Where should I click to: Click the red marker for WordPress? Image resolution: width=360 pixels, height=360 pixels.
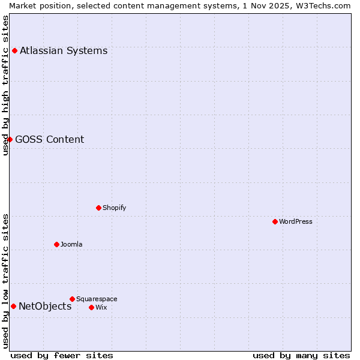click(x=275, y=221)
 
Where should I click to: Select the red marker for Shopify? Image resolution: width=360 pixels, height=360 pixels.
click(x=98, y=208)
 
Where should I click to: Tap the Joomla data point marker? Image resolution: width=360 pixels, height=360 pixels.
click(x=56, y=244)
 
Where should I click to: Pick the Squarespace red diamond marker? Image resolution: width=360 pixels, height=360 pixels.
click(x=72, y=299)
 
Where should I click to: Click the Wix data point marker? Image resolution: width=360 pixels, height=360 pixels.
click(x=91, y=307)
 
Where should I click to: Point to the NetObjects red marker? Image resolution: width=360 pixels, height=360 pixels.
click(x=13, y=306)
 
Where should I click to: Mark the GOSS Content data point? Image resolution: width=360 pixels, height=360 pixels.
click(x=10, y=139)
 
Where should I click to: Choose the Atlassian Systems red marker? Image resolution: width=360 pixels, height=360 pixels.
click(x=14, y=50)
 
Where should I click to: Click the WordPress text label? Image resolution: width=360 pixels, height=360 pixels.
click(x=296, y=221)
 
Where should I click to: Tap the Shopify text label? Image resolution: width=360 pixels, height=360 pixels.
click(x=114, y=208)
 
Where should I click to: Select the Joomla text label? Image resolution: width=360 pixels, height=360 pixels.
click(x=71, y=244)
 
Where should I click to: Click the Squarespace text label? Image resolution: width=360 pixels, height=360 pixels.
click(x=97, y=299)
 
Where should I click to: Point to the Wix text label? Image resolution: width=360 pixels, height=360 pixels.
click(x=101, y=307)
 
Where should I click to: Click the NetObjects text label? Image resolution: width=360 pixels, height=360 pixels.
click(x=45, y=306)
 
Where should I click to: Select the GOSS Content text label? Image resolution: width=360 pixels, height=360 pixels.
click(x=49, y=139)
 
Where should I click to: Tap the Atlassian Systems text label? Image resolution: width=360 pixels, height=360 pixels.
click(x=64, y=50)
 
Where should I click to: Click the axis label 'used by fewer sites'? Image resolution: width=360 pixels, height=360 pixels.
click(x=62, y=355)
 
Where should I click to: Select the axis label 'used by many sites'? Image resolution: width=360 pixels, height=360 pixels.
click(x=301, y=355)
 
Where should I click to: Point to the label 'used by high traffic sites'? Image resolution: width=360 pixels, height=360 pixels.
click(x=6, y=85)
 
